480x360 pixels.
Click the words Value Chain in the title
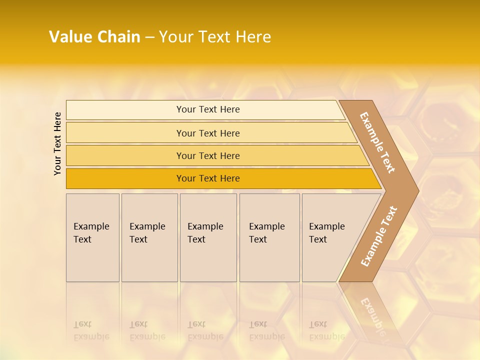point(94,37)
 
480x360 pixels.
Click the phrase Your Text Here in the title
point(215,37)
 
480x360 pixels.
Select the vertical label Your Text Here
point(57,143)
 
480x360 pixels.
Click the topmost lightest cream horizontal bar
point(208,109)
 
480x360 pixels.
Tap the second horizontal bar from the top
point(208,133)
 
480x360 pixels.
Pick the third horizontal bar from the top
point(208,155)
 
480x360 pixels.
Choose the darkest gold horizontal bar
point(208,178)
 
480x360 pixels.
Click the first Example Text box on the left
point(92,237)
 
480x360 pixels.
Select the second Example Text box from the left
point(149,237)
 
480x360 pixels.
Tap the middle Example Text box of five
point(208,237)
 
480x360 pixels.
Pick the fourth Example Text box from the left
point(269,237)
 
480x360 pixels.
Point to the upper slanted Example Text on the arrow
point(377,142)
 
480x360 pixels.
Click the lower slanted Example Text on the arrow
point(379,236)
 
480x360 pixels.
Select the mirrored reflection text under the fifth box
point(326,331)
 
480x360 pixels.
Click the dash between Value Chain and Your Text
point(149,37)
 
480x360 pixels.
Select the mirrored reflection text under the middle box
point(205,331)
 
